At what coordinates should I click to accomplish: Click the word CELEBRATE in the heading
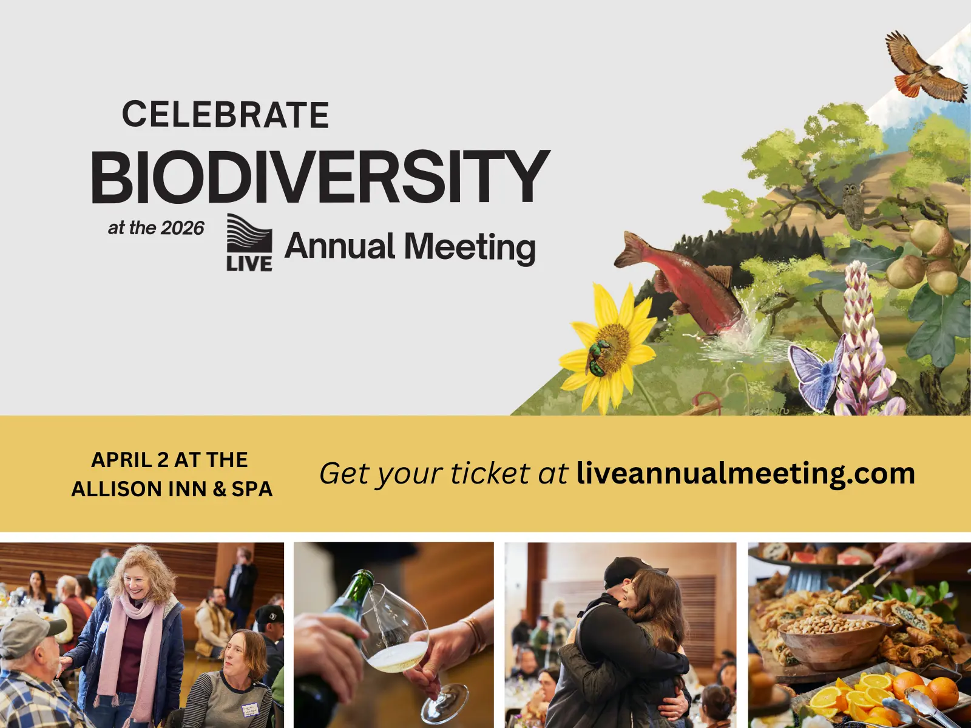point(225,115)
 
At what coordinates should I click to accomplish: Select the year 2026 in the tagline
point(183,228)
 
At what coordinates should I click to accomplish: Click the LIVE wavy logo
point(249,241)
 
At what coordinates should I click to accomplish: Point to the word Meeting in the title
point(470,247)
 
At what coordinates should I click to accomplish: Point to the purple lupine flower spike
point(862,328)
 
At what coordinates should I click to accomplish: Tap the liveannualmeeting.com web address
point(745,473)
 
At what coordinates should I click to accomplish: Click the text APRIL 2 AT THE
point(169,460)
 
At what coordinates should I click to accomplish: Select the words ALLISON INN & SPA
point(172,489)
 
